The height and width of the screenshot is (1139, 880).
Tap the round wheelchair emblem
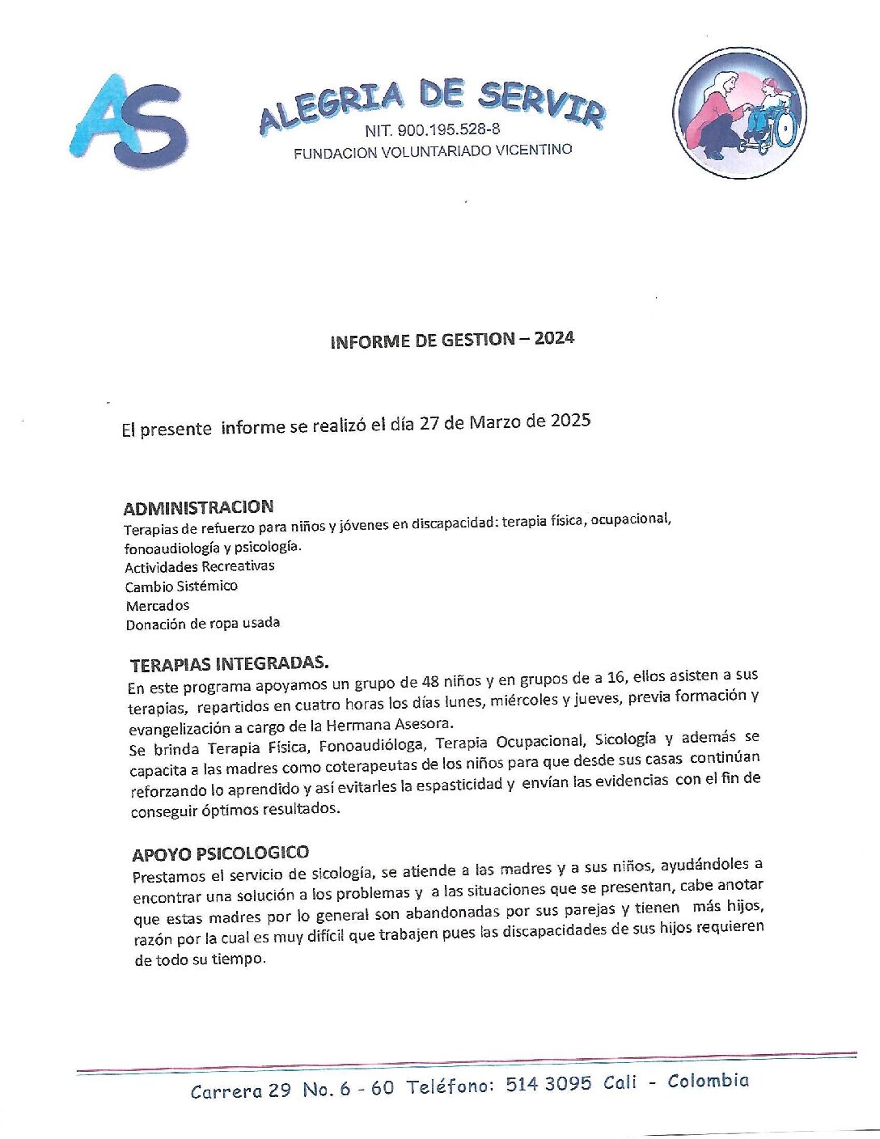[739, 112]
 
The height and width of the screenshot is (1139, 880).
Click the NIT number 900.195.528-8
[432, 129]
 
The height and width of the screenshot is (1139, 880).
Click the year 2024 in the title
[554, 338]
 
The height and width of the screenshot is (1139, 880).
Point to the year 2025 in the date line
[570, 421]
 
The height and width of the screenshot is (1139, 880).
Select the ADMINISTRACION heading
[198, 508]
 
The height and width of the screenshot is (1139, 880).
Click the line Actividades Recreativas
[200, 566]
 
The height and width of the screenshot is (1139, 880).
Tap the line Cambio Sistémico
[181, 586]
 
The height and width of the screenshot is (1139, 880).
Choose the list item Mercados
[158, 605]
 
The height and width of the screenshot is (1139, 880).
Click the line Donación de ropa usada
[203, 624]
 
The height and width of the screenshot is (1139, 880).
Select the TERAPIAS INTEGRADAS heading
[230, 664]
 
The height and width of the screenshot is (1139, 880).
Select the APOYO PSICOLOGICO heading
[220, 853]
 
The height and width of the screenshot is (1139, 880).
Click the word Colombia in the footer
[708, 1081]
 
